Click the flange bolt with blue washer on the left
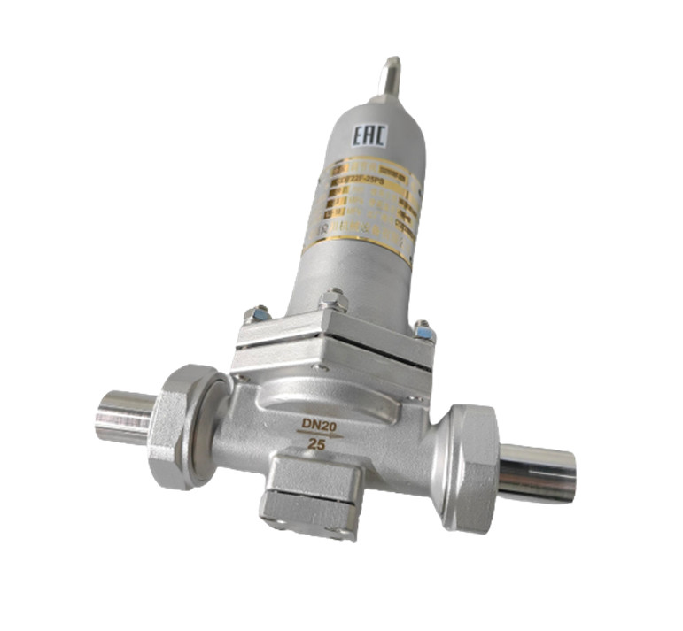[x=259, y=314]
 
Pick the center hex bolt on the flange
[x=334, y=302]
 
